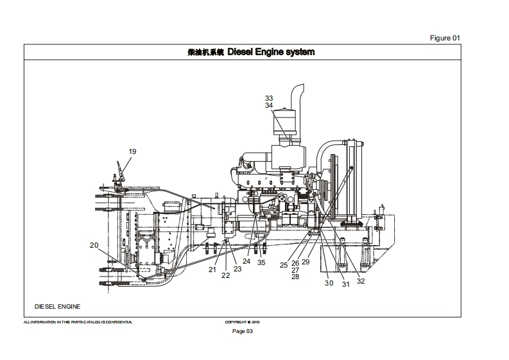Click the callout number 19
(132, 151)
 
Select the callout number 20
(94, 245)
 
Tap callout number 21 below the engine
(212, 270)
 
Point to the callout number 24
(246, 262)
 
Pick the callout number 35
(261, 262)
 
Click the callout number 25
(284, 265)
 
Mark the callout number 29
(306, 262)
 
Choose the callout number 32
(361, 280)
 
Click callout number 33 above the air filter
(269, 98)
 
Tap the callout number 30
(329, 283)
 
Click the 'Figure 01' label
(445, 38)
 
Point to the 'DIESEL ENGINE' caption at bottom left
(58, 307)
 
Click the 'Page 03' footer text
(243, 331)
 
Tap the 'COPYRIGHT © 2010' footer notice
(243, 322)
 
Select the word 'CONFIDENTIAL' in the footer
(117, 322)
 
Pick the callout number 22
(226, 275)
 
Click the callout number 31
(345, 284)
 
